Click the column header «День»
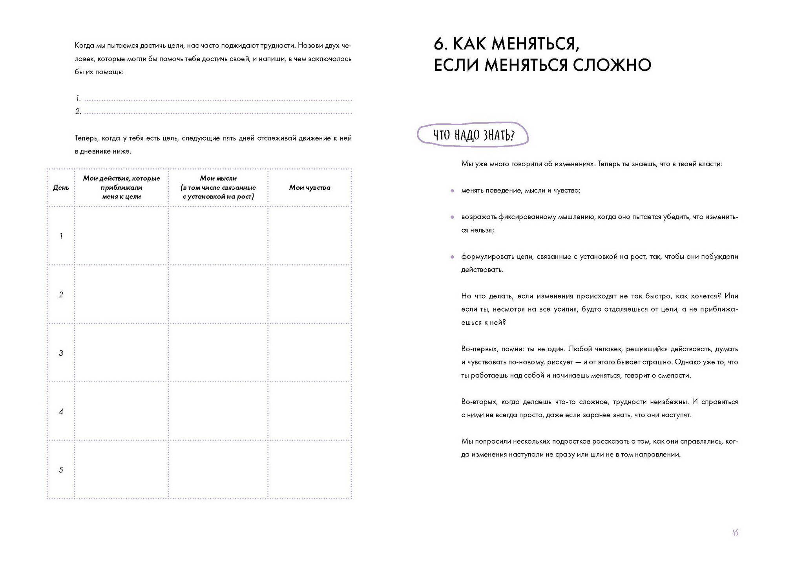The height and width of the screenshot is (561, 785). pos(61,188)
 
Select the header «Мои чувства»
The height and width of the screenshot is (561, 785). pos(310,188)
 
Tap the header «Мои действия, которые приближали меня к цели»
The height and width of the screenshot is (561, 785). pos(121,187)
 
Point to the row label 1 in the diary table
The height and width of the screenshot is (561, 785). pos(61,236)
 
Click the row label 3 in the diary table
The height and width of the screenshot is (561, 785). pos(61,353)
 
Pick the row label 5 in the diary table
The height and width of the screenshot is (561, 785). pos(61,470)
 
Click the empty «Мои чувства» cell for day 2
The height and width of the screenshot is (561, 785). pos(310,294)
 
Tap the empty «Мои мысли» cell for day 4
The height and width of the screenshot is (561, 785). pos(218,411)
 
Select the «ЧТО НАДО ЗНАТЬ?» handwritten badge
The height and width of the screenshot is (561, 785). pos(473,135)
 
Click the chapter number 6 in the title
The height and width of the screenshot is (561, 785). pos(439,44)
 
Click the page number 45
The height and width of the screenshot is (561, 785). pos(736,533)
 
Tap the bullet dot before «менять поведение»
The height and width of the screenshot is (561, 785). pos(453,191)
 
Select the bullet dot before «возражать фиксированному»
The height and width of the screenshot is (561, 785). pos(453,217)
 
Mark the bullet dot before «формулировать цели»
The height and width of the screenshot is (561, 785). pos(453,257)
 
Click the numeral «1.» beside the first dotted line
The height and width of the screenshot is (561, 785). pos(78,98)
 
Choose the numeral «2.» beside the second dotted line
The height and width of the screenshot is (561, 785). pos(78,112)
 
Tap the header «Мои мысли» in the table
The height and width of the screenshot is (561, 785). pos(218,178)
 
